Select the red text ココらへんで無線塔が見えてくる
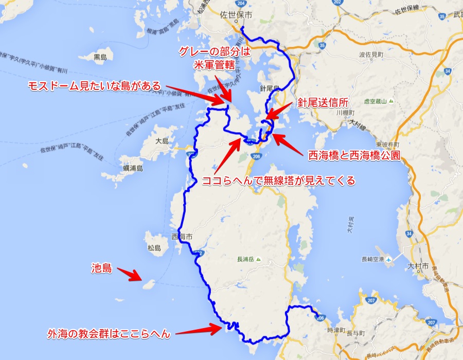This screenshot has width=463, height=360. pyautogui.click(x=278, y=181)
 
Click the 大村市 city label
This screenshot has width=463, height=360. pyautogui.click(x=415, y=265)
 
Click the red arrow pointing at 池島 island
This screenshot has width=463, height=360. pyautogui.click(x=130, y=274)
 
